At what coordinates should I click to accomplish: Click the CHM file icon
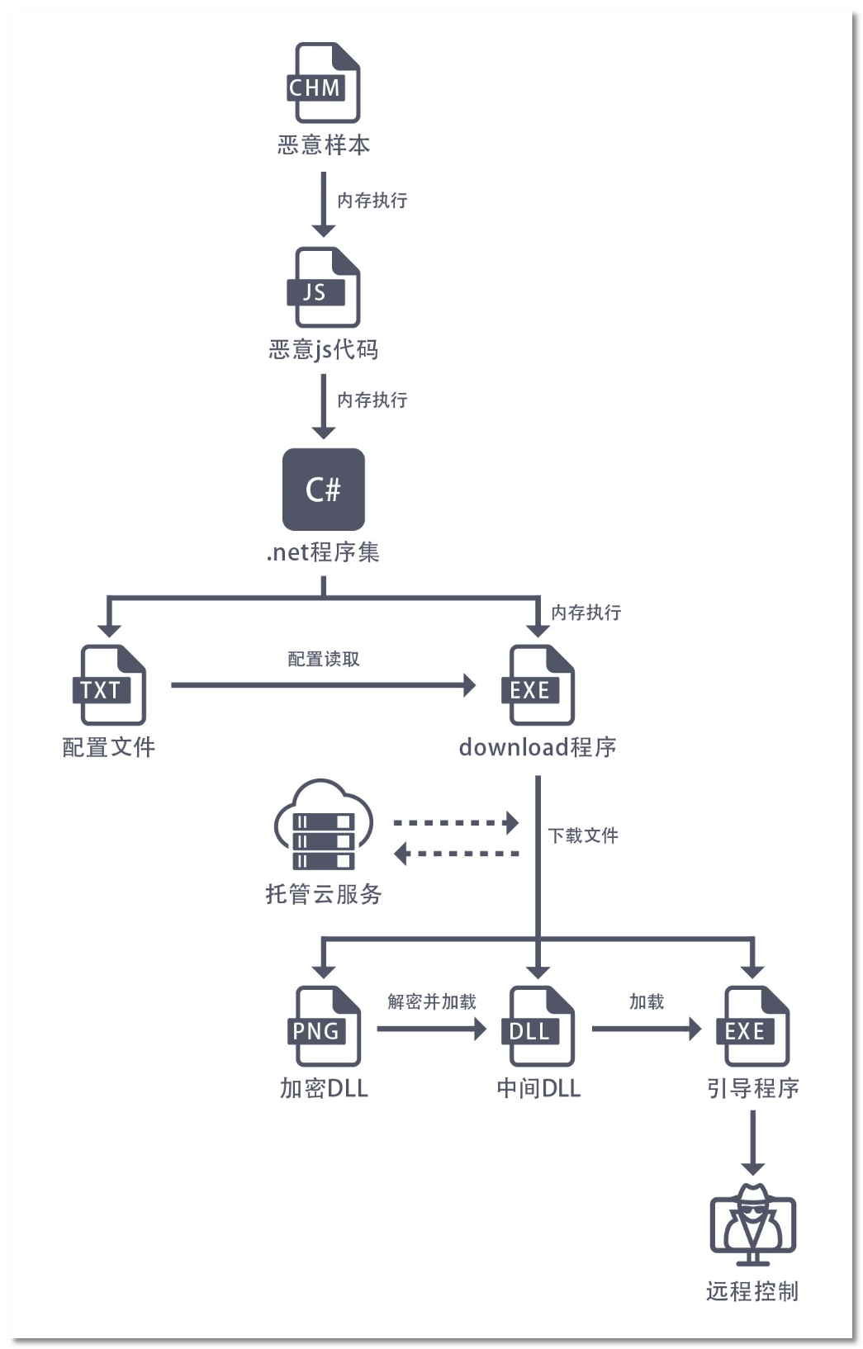point(323,83)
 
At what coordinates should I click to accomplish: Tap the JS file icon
point(323,287)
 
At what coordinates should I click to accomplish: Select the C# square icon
point(324,490)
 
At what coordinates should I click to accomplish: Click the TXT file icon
point(109,685)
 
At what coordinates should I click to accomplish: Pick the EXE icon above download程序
point(538,685)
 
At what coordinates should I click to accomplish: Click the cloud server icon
point(323,826)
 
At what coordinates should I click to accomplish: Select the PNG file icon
point(324,1026)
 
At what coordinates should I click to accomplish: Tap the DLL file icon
point(538,1026)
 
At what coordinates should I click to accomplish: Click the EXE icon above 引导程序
point(752,1026)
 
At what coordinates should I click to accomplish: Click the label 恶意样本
point(324,145)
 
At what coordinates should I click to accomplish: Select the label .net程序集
point(323,551)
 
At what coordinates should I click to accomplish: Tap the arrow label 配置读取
point(324,659)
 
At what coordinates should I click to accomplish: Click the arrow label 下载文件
point(583,835)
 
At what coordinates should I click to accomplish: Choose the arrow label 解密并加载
point(432,1001)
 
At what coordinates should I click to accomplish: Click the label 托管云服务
point(324,894)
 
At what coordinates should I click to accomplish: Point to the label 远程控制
point(752,1291)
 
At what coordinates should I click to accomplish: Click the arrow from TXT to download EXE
point(322,684)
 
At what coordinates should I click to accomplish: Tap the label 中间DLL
point(538,1088)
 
